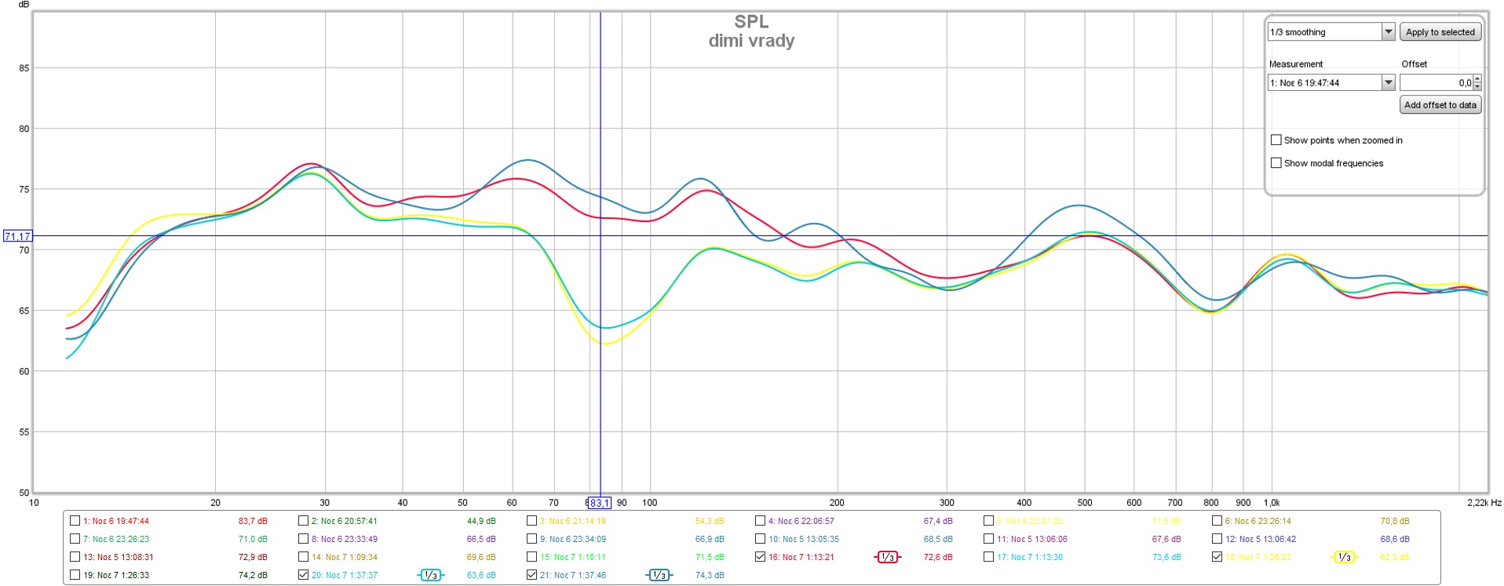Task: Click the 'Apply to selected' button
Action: pyautogui.click(x=1440, y=32)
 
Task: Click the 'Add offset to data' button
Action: pyautogui.click(x=1440, y=105)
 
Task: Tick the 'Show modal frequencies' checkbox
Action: pyautogui.click(x=1276, y=163)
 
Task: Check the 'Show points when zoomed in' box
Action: pyautogui.click(x=1276, y=140)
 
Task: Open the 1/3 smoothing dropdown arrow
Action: pyautogui.click(x=1388, y=32)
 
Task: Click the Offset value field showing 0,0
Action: pyautogui.click(x=1436, y=82)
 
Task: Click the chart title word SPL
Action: pyautogui.click(x=751, y=22)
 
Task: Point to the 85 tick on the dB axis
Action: pyautogui.click(x=24, y=68)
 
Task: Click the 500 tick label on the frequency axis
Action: pyautogui.click(x=1084, y=503)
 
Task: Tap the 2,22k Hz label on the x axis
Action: pyautogui.click(x=1484, y=503)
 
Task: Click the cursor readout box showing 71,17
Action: pyautogui.click(x=17, y=236)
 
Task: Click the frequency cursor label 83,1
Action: pyautogui.click(x=599, y=503)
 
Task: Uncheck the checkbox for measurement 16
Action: pyautogui.click(x=760, y=557)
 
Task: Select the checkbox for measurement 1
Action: pyautogui.click(x=75, y=521)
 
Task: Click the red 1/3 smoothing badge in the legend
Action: pyautogui.click(x=887, y=557)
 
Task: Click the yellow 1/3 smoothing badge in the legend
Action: pyautogui.click(x=1344, y=557)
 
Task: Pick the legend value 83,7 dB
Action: pyautogui.click(x=253, y=521)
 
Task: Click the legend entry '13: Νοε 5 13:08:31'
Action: pyautogui.click(x=119, y=557)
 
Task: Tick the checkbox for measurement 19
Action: pyautogui.click(x=75, y=575)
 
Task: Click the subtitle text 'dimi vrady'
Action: pyautogui.click(x=751, y=41)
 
